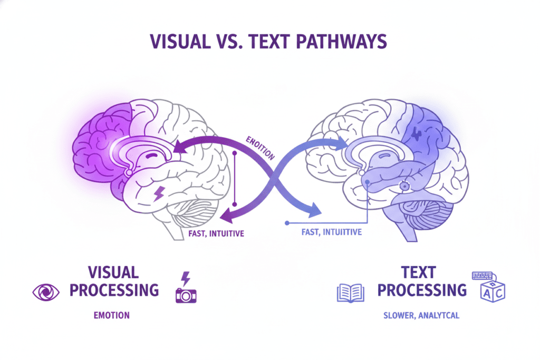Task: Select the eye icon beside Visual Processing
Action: click(x=46, y=291)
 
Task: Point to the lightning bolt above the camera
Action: click(x=185, y=278)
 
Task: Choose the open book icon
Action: click(x=350, y=292)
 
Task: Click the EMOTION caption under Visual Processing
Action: click(x=112, y=315)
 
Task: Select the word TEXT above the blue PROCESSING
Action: click(x=418, y=273)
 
